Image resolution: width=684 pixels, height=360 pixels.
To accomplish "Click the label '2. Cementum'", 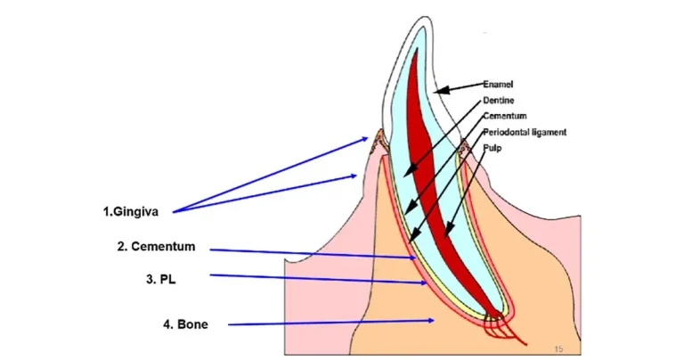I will (156, 247).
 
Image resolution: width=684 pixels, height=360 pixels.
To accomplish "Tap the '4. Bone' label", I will (185, 324).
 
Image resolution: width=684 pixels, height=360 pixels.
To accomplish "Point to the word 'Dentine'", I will (498, 100).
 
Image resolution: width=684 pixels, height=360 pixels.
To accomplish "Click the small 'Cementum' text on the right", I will (505, 116).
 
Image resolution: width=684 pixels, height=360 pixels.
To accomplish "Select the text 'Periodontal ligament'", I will (525, 132).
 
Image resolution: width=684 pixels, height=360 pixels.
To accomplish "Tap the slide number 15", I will (558, 348).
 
